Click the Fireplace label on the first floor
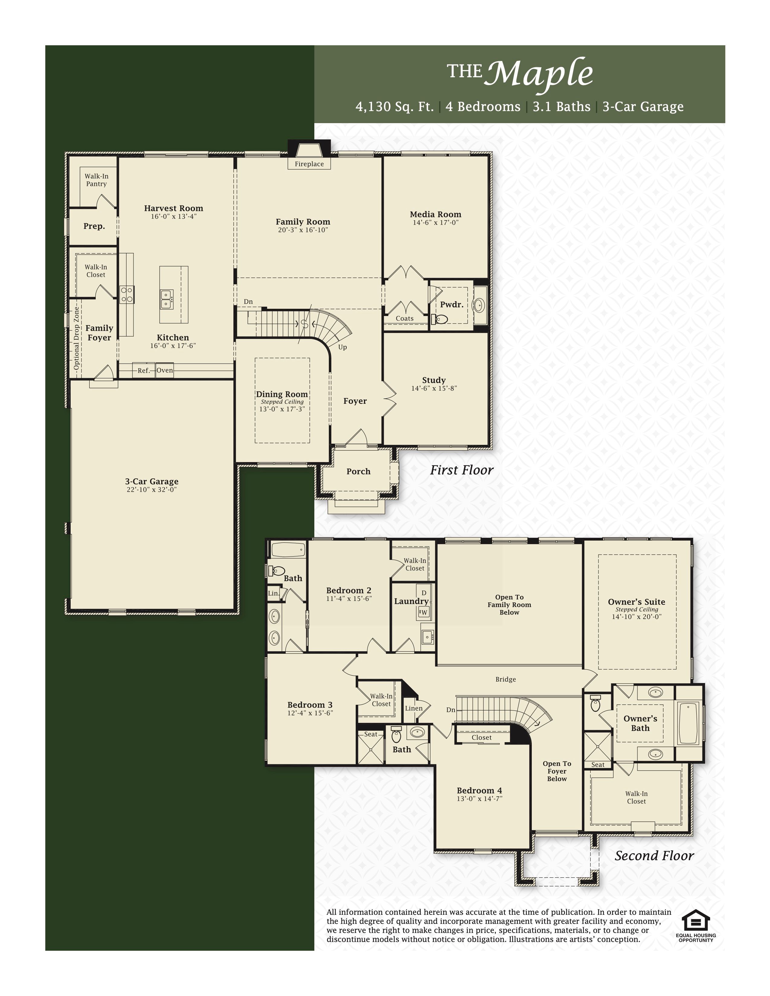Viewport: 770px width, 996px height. click(x=309, y=164)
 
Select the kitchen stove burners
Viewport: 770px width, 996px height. click(x=126, y=294)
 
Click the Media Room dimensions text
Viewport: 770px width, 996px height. click(x=436, y=222)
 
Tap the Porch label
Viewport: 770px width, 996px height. click(x=358, y=471)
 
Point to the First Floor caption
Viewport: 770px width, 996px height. click(x=462, y=470)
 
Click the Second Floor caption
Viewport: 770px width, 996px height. click(x=654, y=856)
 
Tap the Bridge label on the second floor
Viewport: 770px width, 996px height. click(x=506, y=679)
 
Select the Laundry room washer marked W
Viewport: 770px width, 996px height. click(x=424, y=612)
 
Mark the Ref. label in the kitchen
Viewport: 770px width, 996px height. click(x=144, y=371)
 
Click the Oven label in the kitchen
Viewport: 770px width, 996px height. click(x=165, y=370)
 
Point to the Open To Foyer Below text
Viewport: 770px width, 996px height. click(x=557, y=771)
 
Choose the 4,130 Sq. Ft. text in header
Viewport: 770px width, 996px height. click(x=395, y=107)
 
